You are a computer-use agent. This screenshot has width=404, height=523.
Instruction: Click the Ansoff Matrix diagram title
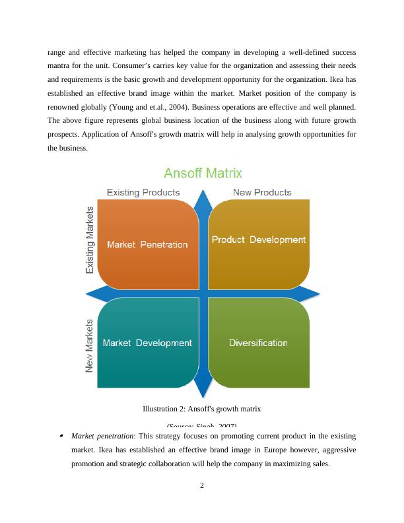click(x=203, y=174)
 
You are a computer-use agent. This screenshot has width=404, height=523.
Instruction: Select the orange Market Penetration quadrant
click(x=147, y=244)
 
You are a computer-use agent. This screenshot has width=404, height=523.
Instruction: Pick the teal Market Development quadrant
click(x=147, y=343)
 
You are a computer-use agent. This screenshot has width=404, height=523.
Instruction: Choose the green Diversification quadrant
click(x=258, y=343)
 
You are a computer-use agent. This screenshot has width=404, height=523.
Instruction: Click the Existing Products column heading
click(x=143, y=192)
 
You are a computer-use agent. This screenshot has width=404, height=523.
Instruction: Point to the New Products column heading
click(x=262, y=192)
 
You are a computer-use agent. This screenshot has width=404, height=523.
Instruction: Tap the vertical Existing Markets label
click(x=90, y=238)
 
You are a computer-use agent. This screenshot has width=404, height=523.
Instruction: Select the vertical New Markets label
click(x=90, y=347)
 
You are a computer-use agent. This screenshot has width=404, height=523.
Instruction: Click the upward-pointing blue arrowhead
click(x=203, y=197)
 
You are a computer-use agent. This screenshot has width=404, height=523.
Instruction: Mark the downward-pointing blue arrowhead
click(x=203, y=390)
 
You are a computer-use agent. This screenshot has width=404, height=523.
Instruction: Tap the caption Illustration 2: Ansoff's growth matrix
click(x=202, y=409)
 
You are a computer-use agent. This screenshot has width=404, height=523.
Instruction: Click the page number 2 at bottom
click(x=202, y=487)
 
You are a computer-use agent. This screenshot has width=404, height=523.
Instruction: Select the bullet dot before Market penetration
click(x=61, y=436)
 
